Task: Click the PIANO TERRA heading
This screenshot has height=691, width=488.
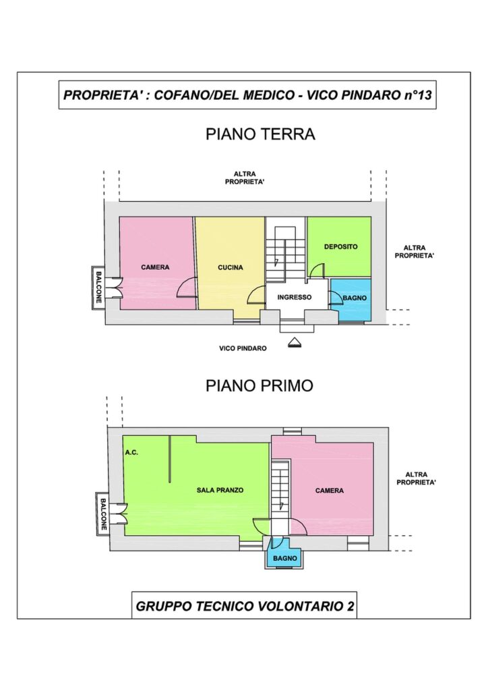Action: click(260, 134)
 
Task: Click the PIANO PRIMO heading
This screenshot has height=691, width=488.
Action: click(260, 385)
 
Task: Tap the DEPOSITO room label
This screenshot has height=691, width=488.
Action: click(340, 247)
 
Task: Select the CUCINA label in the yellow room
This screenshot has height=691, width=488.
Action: click(230, 267)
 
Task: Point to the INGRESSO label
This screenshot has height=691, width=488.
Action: click(295, 298)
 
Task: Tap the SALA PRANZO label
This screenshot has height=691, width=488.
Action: click(220, 490)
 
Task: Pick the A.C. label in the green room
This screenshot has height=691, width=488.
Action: click(131, 453)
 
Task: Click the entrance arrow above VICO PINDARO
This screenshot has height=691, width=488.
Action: click(295, 342)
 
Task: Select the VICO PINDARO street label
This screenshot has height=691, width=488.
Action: click(243, 349)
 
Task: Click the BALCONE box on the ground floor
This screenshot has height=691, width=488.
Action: click(98, 288)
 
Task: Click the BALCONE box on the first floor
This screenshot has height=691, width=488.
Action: click(102, 514)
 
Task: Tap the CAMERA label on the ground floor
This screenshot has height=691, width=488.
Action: click(155, 267)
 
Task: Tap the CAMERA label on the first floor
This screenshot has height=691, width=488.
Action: click(329, 491)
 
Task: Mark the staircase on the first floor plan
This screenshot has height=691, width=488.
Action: click(280, 490)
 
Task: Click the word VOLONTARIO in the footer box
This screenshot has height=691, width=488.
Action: click(295, 607)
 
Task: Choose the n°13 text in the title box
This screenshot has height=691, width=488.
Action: click(418, 95)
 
